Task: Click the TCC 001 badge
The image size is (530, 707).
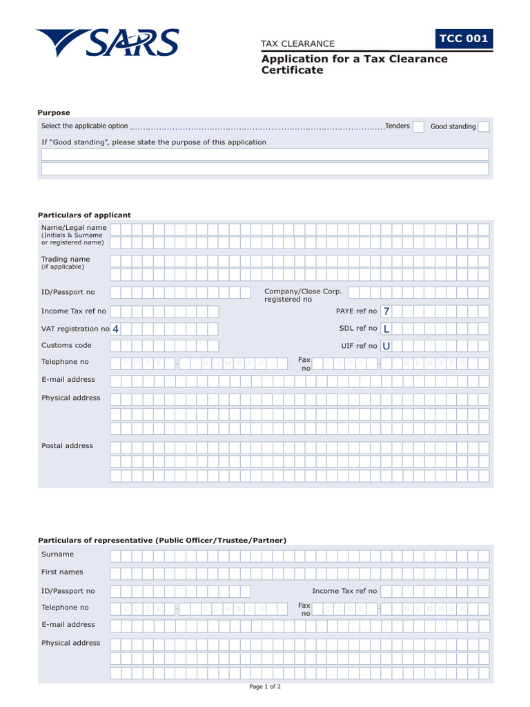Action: (x=464, y=39)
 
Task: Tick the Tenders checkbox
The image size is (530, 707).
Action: (x=418, y=126)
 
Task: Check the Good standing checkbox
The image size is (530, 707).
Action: (x=484, y=126)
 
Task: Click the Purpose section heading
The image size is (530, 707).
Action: (x=54, y=113)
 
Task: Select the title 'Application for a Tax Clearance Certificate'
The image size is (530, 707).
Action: (x=354, y=64)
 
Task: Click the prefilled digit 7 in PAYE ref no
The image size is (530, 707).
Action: (x=386, y=311)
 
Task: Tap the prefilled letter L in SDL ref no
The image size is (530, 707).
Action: (x=386, y=329)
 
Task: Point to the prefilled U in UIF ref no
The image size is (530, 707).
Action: (x=386, y=346)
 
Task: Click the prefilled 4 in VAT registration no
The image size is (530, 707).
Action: (x=115, y=329)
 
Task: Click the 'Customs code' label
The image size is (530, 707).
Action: (x=66, y=345)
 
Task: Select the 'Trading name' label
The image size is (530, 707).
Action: (x=66, y=260)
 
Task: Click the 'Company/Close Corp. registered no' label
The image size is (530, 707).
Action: (x=303, y=296)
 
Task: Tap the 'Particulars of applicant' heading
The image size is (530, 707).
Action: (x=84, y=215)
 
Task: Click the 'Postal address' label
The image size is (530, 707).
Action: (x=67, y=446)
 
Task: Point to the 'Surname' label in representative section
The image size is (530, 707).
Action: (x=57, y=554)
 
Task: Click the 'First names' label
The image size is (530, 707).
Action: (x=62, y=572)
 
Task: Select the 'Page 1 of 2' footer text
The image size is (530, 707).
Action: (x=265, y=687)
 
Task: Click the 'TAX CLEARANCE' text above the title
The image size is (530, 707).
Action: (x=297, y=43)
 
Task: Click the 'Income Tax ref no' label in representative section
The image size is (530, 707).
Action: (x=344, y=591)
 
